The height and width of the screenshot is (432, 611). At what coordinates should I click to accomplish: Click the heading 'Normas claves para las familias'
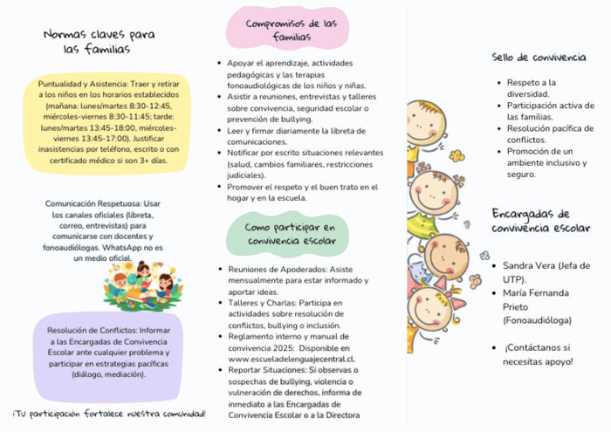[x=99, y=42]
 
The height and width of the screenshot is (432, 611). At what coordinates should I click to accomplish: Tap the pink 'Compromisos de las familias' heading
[x=291, y=31]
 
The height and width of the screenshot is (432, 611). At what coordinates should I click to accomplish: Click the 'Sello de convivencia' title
[x=539, y=57]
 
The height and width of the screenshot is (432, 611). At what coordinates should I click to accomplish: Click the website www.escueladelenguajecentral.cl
[x=291, y=358]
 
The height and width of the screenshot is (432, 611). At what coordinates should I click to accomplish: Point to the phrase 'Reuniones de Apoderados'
[x=271, y=270]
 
